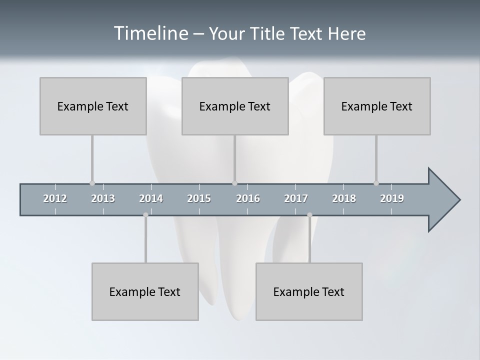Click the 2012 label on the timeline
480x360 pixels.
(x=55, y=198)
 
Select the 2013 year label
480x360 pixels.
(x=103, y=198)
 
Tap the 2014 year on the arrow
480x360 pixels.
(x=151, y=198)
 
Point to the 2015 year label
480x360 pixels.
(x=199, y=198)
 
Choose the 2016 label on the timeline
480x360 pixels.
(x=248, y=198)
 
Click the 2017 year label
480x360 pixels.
(x=296, y=198)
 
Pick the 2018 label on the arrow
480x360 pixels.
(x=344, y=198)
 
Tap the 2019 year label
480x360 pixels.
(x=392, y=198)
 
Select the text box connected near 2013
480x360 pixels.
(x=93, y=106)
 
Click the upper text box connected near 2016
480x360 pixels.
(x=235, y=106)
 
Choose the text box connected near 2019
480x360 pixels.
(x=377, y=106)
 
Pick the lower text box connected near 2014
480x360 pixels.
(x=145, y=291)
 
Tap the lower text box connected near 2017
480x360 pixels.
(x=309, y=291)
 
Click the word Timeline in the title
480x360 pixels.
(x=150, y=33)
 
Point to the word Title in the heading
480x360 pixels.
(x=271, y=34)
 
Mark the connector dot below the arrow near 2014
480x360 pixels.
(x=145, y=215)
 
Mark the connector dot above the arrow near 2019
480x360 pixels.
(x=376, y=183)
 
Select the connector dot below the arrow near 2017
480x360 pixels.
(x=309, y=215)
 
